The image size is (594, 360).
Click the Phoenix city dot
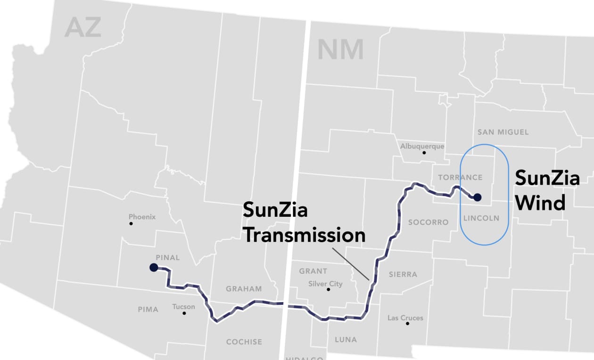131,223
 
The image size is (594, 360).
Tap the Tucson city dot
184,313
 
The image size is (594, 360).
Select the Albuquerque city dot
424,153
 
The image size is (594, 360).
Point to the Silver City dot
328,289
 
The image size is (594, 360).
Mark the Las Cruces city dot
407,323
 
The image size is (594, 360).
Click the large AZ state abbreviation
83,27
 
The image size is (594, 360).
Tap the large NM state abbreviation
340,49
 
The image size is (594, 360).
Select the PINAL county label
168,257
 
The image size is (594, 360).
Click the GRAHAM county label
244,288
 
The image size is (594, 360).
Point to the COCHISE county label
244,342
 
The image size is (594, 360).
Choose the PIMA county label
148,309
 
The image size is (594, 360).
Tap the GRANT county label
313,271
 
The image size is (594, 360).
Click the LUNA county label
346,339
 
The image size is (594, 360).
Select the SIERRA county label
403,274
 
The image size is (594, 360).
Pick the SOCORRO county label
428,222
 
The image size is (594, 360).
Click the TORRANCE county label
460,177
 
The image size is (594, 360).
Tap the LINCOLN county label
481,218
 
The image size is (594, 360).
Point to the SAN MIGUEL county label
503,132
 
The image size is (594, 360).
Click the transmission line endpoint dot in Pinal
153,268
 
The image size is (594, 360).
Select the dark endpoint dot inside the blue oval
477,197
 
